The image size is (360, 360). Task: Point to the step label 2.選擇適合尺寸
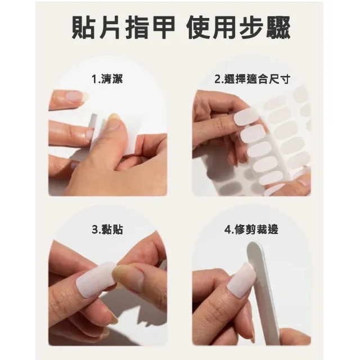[253, 79]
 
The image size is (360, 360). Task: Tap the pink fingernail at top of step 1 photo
[75, 96]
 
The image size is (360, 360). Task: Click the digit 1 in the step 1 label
[93, 79]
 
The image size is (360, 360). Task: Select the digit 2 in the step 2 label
[217, 79]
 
